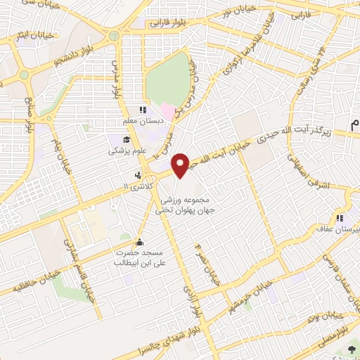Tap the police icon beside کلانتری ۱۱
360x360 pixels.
tap(139, 175)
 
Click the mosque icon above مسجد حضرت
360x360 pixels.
tap(139, 239)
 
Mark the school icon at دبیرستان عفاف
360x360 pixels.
tap(340, 217)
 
